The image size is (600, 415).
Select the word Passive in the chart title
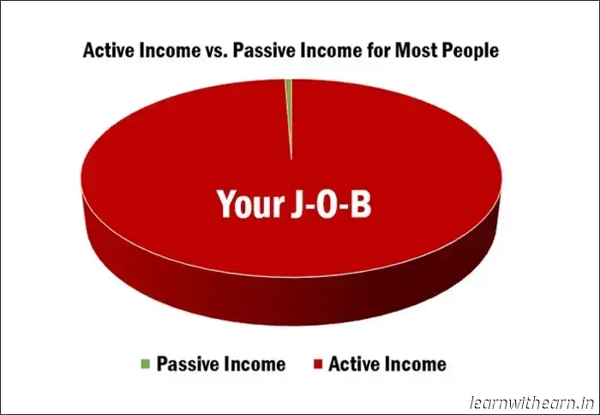coord(261,51)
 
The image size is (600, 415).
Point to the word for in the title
coord(379,51)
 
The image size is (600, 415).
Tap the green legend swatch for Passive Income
coord(146,364)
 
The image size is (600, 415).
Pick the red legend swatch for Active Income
coord(318,364)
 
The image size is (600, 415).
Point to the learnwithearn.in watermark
coord(532,403)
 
